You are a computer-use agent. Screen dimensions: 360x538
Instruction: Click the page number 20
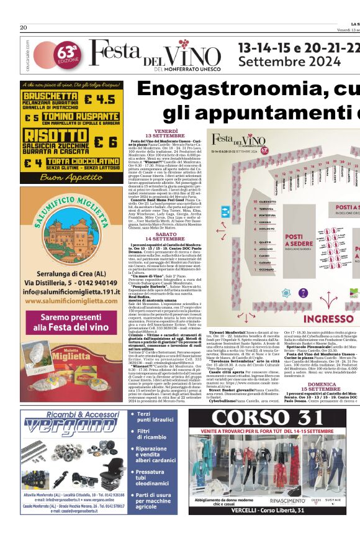point(24,28)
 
